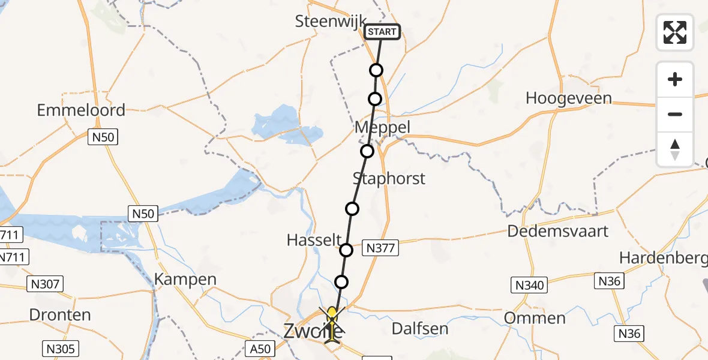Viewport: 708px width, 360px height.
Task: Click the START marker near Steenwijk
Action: point(382,32)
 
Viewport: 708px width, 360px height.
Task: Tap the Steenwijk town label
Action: point(330,22)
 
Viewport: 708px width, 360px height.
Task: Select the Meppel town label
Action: point(382,127)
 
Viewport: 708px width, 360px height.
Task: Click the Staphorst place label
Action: point(389,178)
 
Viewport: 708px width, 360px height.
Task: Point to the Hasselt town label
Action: point(314,240)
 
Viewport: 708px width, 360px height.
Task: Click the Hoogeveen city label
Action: point(568,98)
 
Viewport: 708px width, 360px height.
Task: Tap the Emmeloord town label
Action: point(81,110)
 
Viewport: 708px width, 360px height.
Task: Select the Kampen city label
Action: point(185,279)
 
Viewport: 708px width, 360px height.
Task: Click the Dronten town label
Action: point(60,315)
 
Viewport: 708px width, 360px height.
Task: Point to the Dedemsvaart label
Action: point(558,231)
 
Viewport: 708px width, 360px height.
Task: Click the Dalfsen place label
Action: point(419,328)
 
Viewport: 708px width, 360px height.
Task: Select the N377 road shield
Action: point(380,247)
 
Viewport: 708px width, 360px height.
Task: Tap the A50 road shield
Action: point(260,349)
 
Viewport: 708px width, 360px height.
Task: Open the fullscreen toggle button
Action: point(675,32)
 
